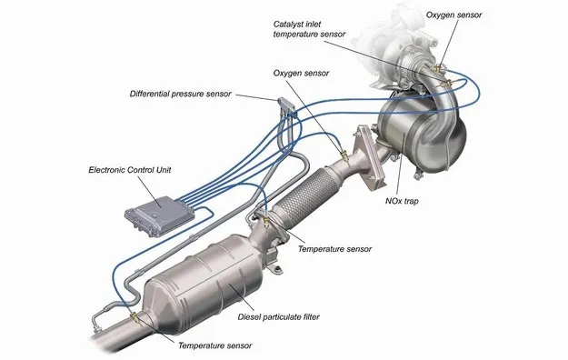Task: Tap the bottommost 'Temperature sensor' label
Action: click(x=214, y=346)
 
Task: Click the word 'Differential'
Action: click(x=154, y=94)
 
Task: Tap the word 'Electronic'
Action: click(x=109, y=170)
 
